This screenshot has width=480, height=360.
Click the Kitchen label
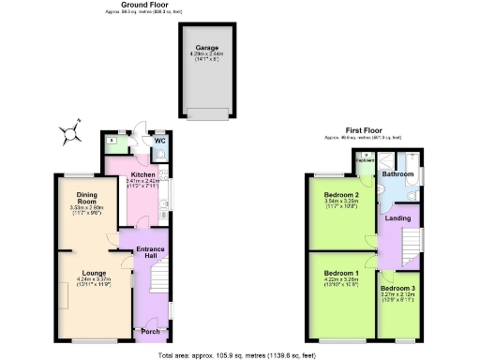[142, 174]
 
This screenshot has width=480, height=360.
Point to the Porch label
[150, 331]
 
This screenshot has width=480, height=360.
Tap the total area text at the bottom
[239, 355]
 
